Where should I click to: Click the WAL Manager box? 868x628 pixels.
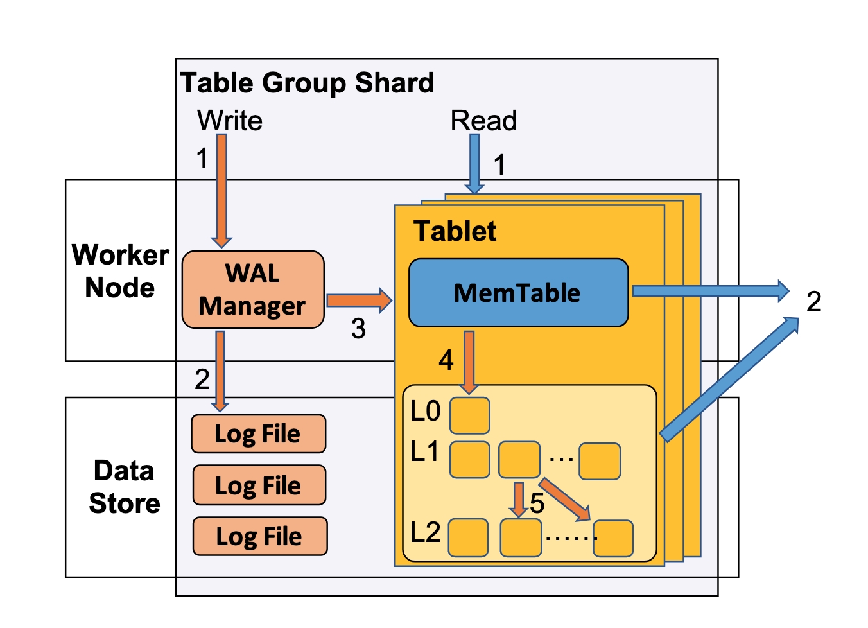click(253, 290)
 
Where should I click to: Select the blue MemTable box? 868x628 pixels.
click(518, 293)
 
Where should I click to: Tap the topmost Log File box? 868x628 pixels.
click(259, 434)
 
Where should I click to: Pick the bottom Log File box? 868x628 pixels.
click(260, 536)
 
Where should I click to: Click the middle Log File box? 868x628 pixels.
click(259, 485)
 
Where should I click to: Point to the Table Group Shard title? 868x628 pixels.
click(307, 83)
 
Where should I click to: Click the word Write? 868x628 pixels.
click(230, 121)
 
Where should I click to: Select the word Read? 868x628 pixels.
click(483, 121)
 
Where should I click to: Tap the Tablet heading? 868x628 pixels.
click(455, 231)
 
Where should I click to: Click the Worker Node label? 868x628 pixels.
click(120, 271)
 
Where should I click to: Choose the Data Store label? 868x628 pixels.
click(124, 487)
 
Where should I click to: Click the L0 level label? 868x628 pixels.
click(425, 412)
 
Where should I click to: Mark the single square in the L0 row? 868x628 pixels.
click(469, 415)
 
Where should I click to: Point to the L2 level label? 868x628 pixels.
click(425, 532)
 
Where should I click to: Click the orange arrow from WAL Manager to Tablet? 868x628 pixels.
click(358, 301)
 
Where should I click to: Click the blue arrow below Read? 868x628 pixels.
click(474, 163)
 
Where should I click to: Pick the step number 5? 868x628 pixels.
click(537, 503)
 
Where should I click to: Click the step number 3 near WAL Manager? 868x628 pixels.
click(358, 329)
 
